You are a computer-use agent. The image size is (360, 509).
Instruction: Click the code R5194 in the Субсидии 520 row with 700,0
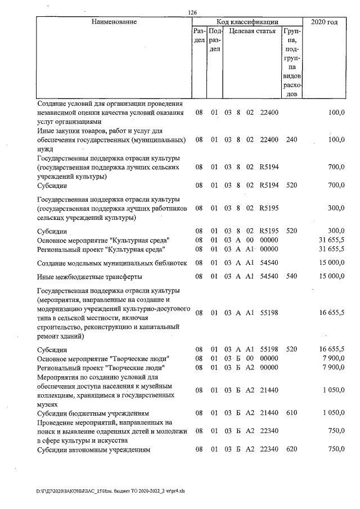coord(269,184)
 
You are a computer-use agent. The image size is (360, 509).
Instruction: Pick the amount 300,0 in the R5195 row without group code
coord(336,208)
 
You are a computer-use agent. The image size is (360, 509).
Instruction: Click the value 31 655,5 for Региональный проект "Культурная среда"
coord(331,249)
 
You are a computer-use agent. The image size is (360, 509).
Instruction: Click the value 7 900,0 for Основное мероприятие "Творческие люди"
coord(334,358)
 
